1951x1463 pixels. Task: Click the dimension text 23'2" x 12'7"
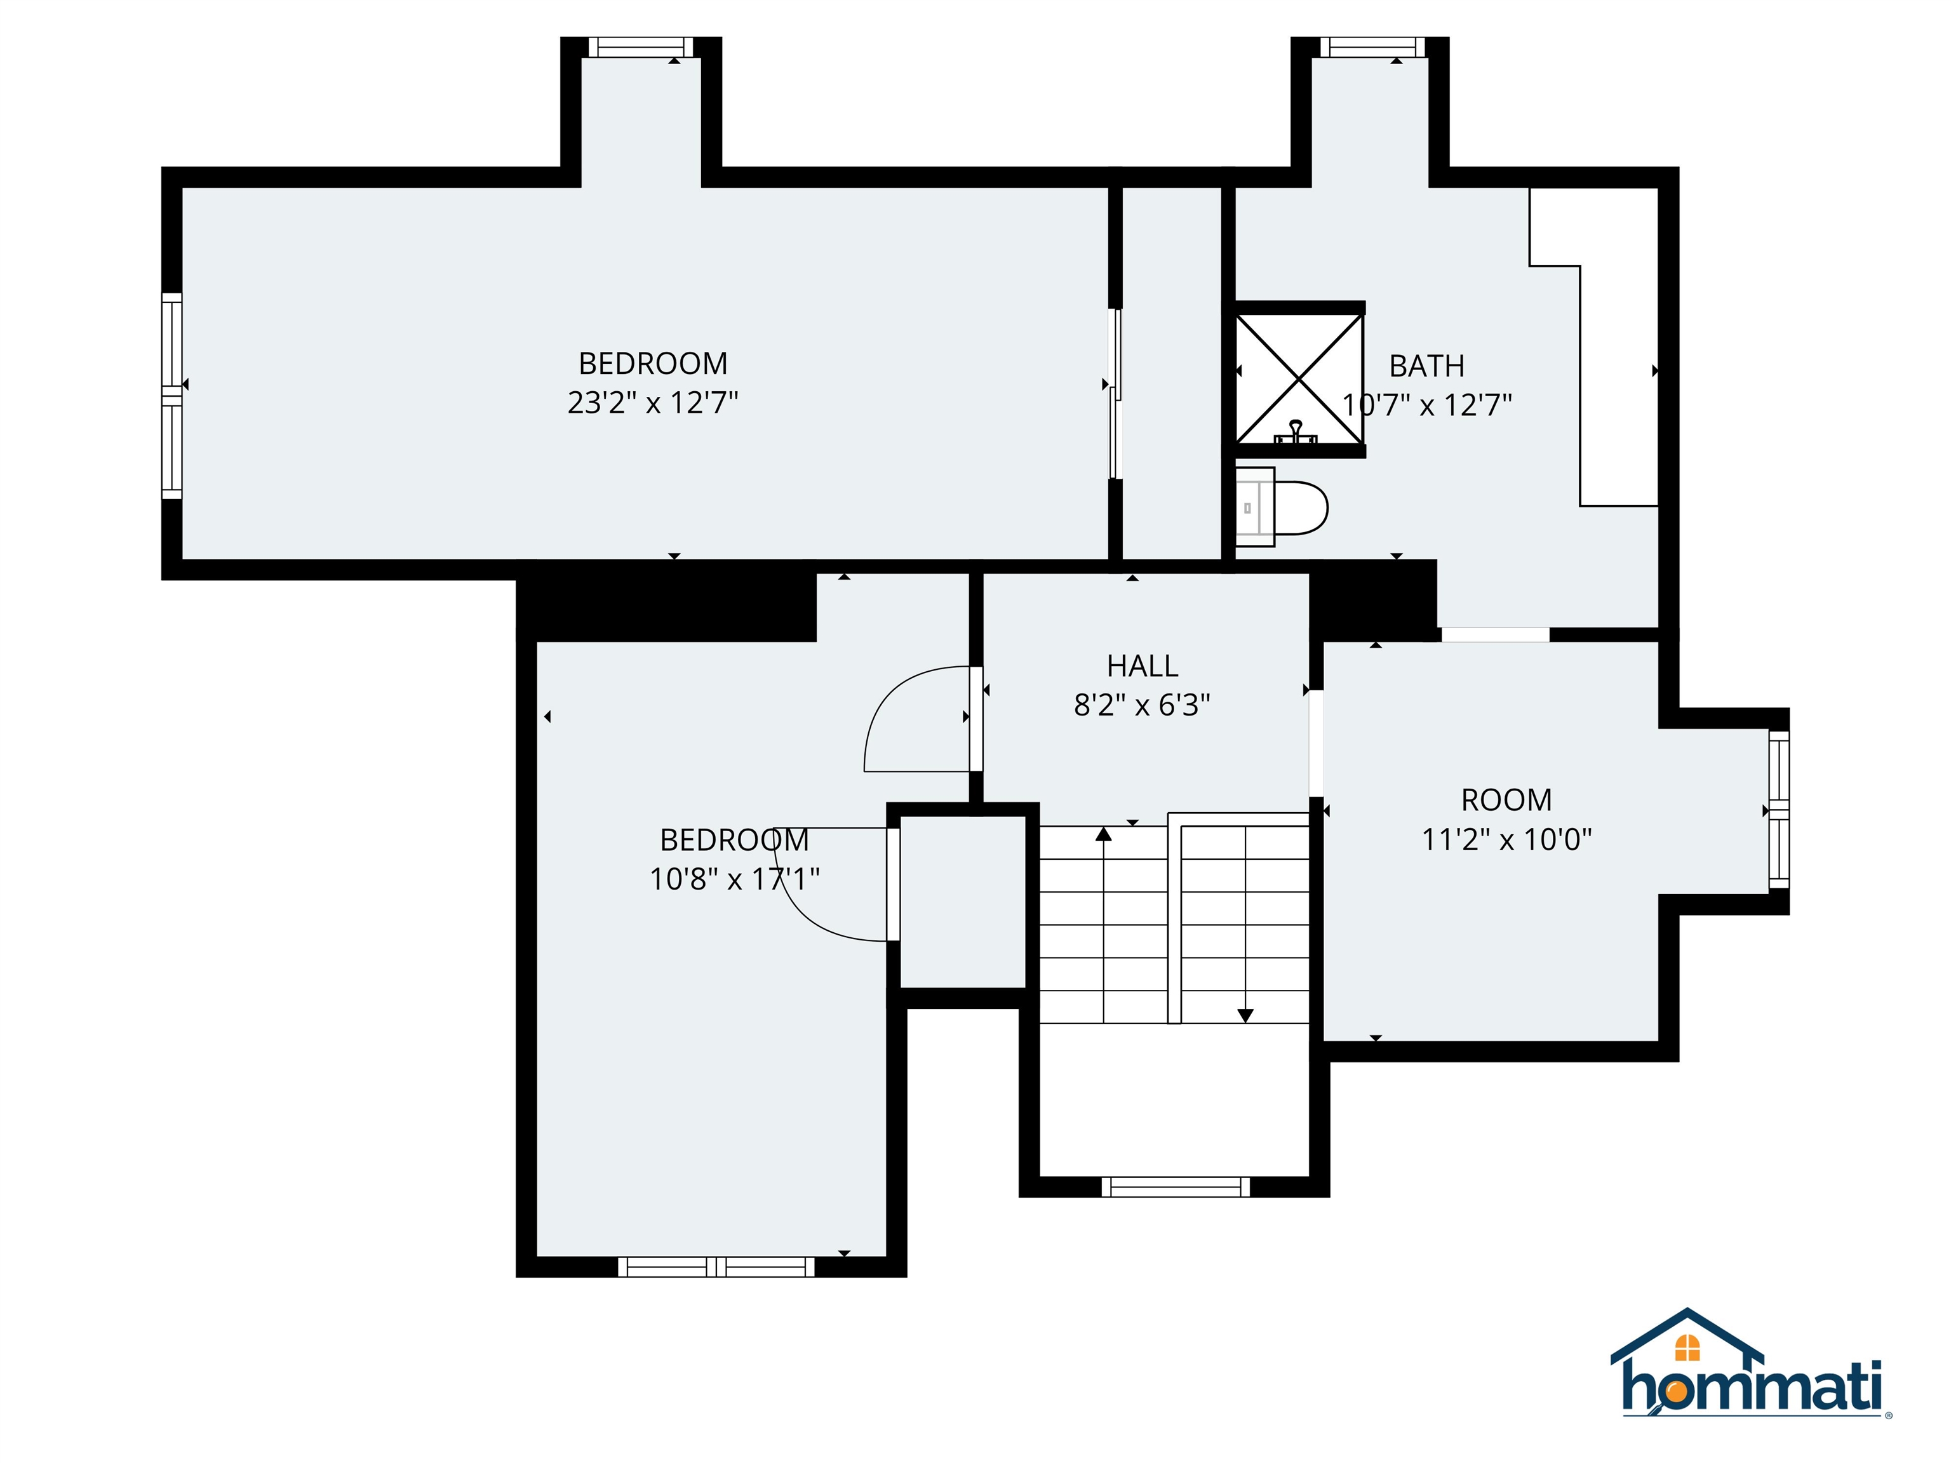coord(653,403)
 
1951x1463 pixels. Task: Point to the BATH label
coord(1426,366)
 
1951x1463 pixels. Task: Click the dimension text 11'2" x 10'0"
coord(1506,839)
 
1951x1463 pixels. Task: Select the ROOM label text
coord(1506,800)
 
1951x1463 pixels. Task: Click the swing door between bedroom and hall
coord(917,719)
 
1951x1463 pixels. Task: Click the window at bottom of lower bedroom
coord(716,1267)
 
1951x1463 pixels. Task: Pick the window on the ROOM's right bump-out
coord(1779,810)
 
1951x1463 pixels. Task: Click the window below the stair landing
coord(1176,1186)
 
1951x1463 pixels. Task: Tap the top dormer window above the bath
coord(1372,47)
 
